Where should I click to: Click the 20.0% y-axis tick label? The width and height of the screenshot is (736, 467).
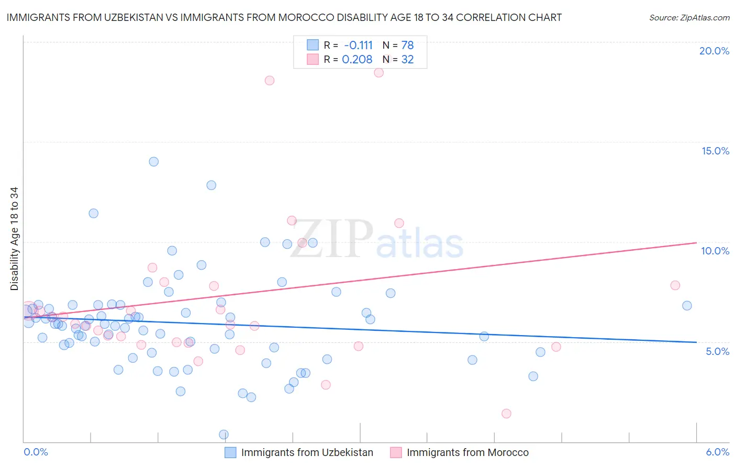[x=714, y=51]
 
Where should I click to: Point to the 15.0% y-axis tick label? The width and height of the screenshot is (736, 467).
[x=715, y=151]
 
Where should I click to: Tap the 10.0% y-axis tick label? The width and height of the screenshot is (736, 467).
[x=715, y=251]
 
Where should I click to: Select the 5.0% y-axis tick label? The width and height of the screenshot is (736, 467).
[x=717, y=351]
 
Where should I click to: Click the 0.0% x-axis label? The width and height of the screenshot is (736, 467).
[x=36, y=452]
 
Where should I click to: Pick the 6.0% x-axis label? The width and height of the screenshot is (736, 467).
[x=717, y=452]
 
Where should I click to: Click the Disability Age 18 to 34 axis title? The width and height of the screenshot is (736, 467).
[x=14, y=239]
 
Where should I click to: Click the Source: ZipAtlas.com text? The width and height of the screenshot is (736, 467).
[x=689, y=17]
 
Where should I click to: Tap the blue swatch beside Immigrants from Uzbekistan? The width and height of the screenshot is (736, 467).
[x=230, y=452]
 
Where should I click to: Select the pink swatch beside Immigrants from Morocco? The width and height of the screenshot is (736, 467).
[x=396, y=452]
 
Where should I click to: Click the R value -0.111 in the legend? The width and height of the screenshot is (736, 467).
[x=358, y=46]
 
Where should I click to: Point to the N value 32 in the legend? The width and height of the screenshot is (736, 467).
[x=407, y=60]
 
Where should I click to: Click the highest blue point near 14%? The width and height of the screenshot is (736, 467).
[x=153, y=162]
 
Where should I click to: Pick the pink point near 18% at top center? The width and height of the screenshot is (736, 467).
[x=270, y=81]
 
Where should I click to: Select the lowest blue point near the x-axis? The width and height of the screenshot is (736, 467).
[x=224, y=435]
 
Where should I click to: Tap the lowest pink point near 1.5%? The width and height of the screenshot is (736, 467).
[x=506, y=414]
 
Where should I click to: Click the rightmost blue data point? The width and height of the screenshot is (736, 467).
[x=687, y=306]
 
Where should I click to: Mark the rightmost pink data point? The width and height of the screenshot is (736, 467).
[x=675, y=285]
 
